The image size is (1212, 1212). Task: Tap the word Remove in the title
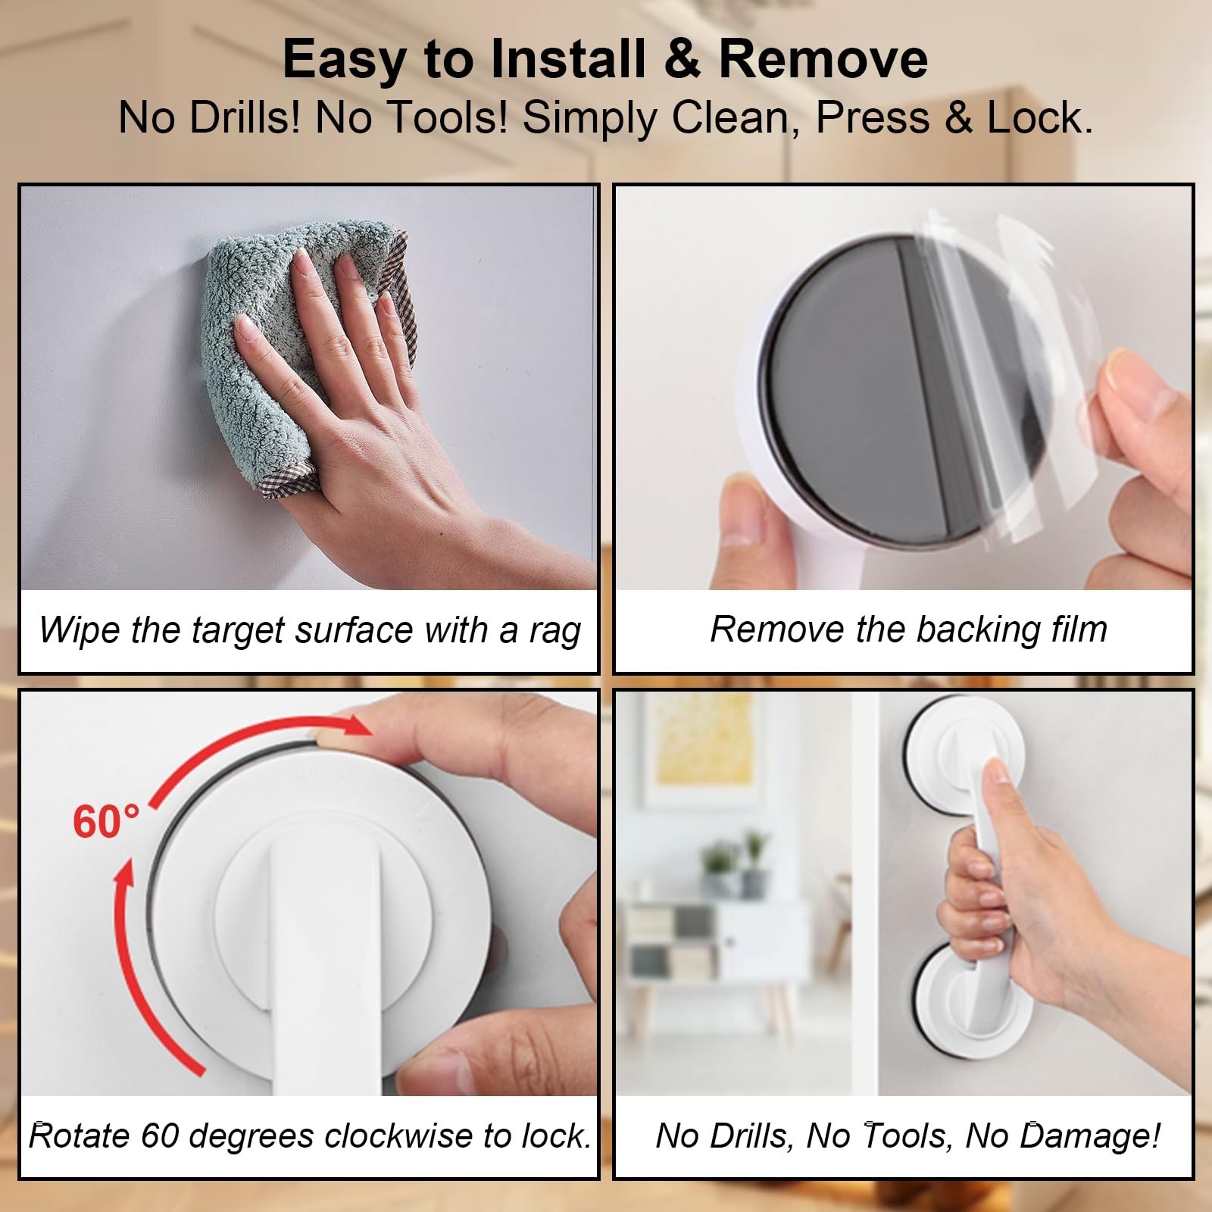823,59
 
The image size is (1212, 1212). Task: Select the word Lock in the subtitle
1039,118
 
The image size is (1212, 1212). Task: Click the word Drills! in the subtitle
245,118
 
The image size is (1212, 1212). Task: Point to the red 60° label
106,821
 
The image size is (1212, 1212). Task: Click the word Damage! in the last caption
1090,1136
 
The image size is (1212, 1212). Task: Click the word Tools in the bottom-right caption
904,1136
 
